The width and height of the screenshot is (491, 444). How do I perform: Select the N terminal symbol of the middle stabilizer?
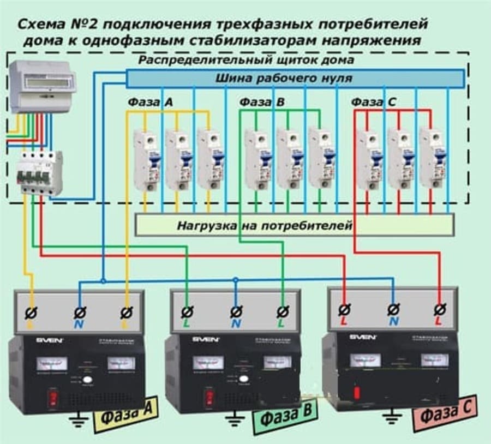tap(236, 312)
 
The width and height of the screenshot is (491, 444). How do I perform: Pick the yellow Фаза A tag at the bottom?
tap(125, 416)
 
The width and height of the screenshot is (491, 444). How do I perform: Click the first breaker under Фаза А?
tap(147, 159)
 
